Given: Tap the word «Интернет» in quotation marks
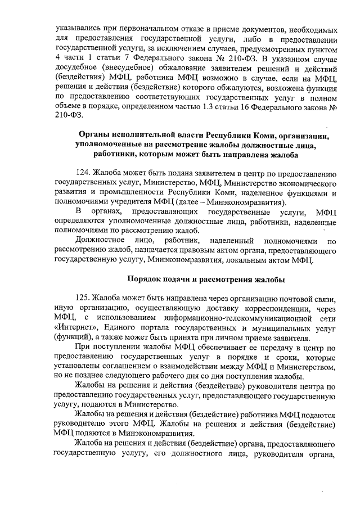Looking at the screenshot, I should coord(76,328).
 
